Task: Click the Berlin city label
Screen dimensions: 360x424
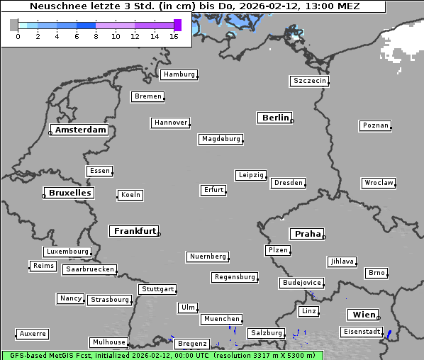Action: [x=275, y=118]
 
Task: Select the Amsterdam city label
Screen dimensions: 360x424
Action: [x=80, y=130]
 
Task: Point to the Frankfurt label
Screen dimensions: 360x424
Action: [x=135, y=231]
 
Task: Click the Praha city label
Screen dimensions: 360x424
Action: [x=307, y=234]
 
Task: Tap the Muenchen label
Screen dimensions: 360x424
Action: [x=221, y=320]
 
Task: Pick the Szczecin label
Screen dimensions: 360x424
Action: [x=310, y=81]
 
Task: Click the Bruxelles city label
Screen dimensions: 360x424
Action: [x=69, y=193]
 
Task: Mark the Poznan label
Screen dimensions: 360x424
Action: [x=375, y=125]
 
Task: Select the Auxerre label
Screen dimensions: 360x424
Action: [x=33, y=333]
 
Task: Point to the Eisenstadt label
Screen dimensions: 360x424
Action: [x=361, y=332]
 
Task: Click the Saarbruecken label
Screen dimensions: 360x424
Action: [x=89, y=269]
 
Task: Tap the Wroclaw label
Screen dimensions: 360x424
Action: [x=379, y=183]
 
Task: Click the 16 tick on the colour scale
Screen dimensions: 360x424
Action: [x=174, y=36]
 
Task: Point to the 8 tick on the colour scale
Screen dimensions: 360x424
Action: [x=96, y=36]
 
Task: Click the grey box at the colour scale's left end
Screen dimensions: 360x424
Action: [x=14, y=25]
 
